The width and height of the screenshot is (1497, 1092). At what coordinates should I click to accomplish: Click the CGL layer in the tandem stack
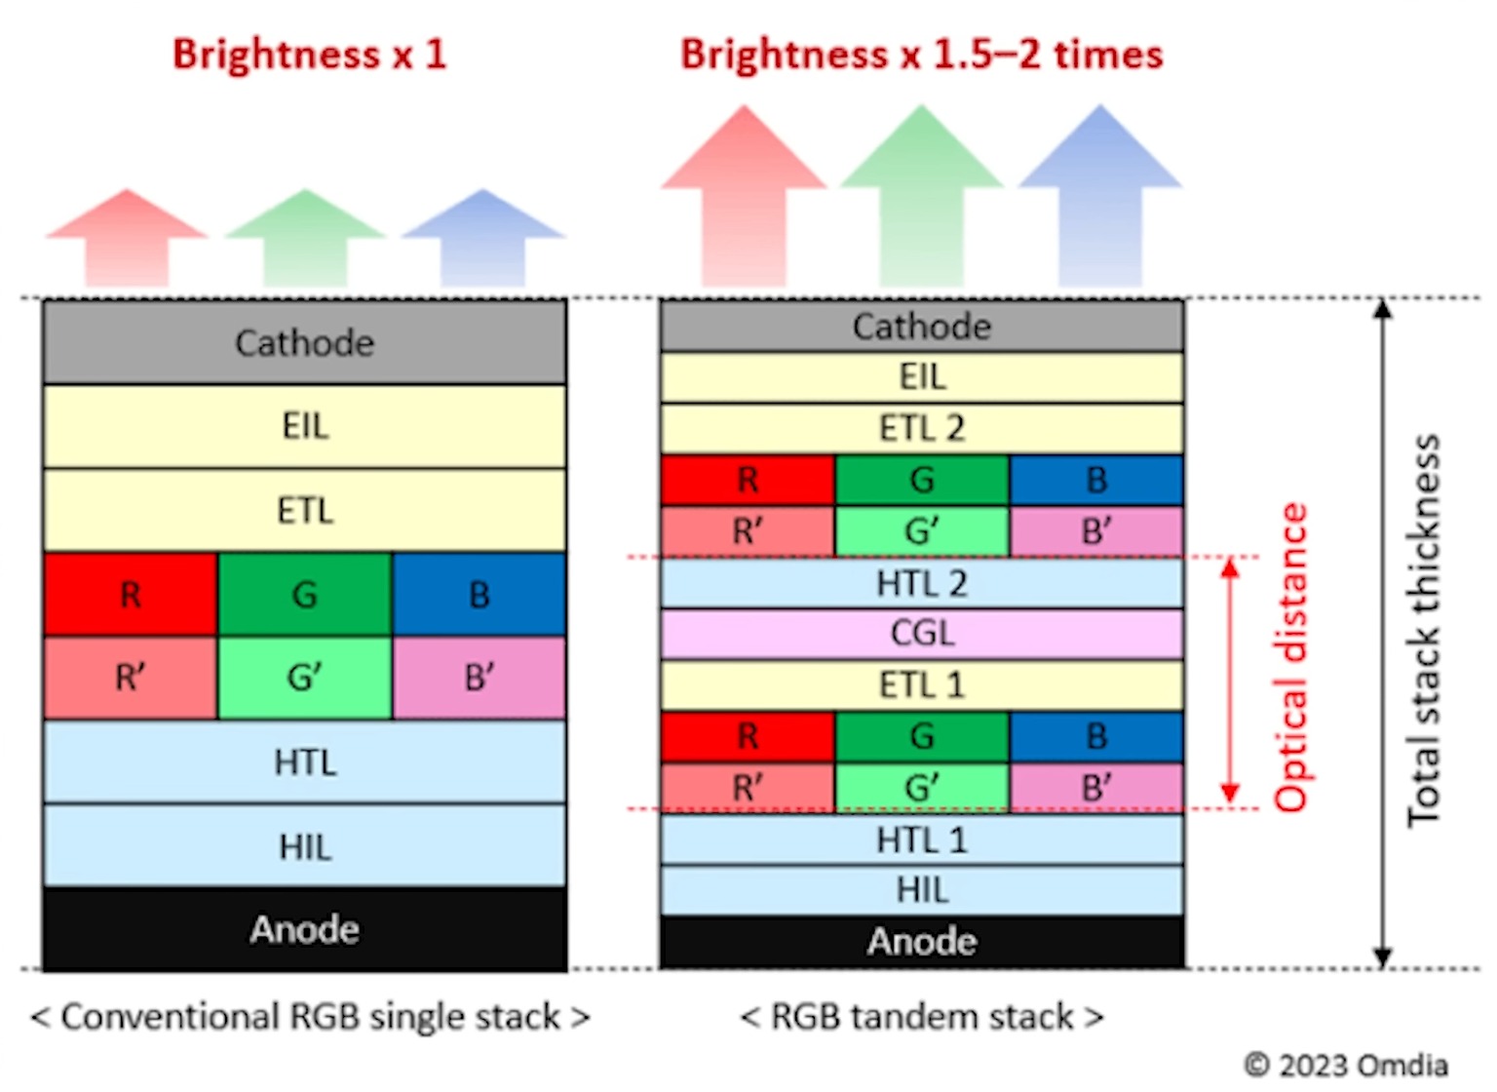coord(922,634)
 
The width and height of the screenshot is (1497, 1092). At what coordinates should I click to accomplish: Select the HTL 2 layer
coord(922,583)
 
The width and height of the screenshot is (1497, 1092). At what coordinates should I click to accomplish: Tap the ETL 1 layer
coord(922,684)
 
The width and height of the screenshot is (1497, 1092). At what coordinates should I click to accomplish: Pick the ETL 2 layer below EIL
coord(922,428)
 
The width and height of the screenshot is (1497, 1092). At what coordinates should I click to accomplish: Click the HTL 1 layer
coord(922,839)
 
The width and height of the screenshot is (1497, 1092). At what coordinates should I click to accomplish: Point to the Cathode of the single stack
coord(304,342)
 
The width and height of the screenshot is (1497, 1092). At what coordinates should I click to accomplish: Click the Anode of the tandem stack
coord(922,942)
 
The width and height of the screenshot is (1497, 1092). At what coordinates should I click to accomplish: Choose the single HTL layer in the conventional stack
coord(304,761)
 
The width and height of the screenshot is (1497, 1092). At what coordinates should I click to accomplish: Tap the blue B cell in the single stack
coord(479,595)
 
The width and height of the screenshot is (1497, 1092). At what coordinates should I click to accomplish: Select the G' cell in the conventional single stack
coord(304,678)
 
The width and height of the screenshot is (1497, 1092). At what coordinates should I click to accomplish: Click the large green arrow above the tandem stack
coord(922,195)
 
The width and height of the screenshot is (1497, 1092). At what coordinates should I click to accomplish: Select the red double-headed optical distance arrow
coord(1230,682)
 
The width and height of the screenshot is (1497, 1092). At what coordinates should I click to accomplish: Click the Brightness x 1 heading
coord(309,55)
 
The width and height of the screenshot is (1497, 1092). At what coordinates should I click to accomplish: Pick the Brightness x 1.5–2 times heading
coord(921,55)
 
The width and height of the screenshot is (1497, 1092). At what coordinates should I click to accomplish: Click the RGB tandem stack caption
coord(922,1017)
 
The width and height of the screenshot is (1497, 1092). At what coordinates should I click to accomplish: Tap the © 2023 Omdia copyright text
coord(1346,1065)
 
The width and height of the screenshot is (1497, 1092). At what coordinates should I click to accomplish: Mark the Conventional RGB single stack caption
coord(310,1017)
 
